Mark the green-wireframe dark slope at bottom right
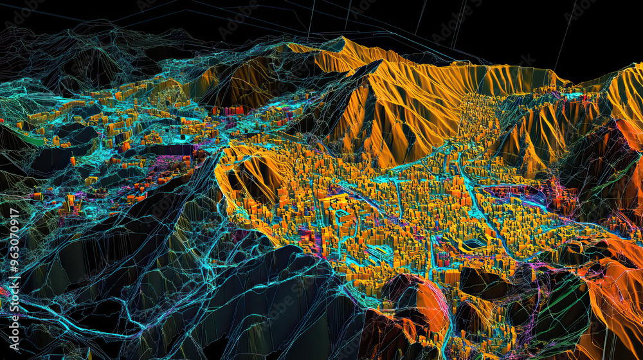pos(559,315)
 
